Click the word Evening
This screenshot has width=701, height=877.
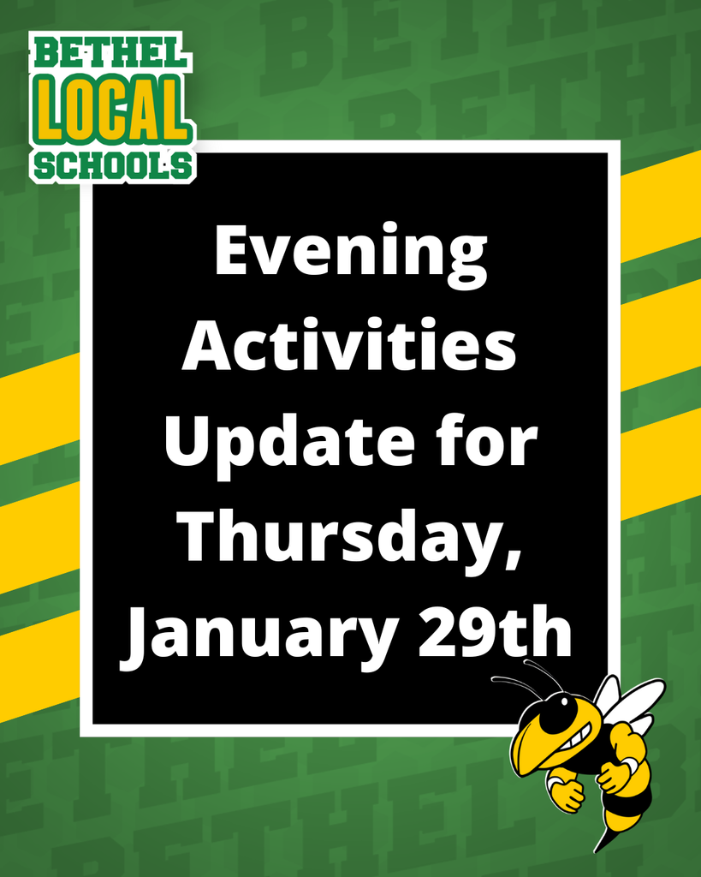tap(350, 252)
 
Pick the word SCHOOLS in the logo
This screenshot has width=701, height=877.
tap(113, 164)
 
